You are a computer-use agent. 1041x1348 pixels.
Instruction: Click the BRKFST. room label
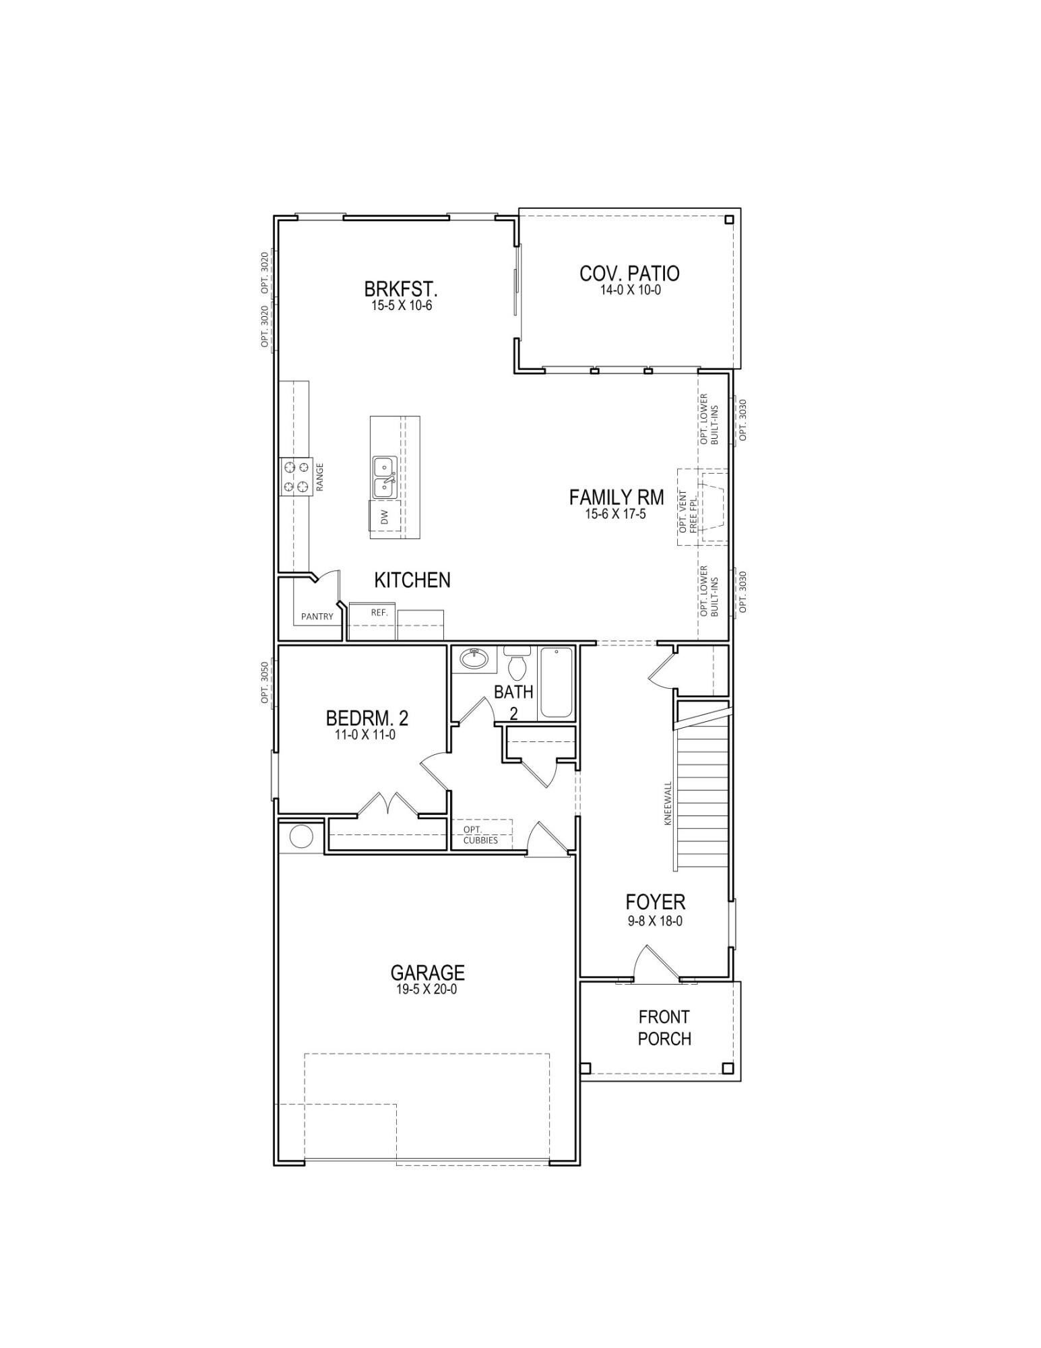tap(401, 289)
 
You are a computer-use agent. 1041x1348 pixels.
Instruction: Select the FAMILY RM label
tap(616, 497)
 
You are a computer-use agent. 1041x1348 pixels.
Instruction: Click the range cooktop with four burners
tap(296, 476)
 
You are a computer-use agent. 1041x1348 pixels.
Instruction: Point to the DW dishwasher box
tap(385, 517)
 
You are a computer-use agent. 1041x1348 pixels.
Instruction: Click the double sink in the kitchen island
tap(385, 477)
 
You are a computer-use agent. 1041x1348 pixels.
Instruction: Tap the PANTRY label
tap(317, 616)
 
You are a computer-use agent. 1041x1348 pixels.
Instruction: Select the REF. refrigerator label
tap(379, 613)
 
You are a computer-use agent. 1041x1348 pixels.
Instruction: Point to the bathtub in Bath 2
tap(557, 683)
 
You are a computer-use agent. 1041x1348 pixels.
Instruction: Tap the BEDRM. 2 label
tap(367, 717)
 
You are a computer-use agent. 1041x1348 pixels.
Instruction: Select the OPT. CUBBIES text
tap(480, 834)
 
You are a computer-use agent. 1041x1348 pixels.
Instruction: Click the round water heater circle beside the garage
tap(301, 836)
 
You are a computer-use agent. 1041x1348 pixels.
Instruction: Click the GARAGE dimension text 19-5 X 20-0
tap(427, 989)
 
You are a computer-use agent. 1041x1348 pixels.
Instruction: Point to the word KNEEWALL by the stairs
tap(668, 803)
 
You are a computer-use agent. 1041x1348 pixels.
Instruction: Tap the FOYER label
tap(655, 902)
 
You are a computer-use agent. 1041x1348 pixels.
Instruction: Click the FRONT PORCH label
tap(664, 1027)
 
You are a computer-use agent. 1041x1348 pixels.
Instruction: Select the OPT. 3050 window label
tap(265, 683)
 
